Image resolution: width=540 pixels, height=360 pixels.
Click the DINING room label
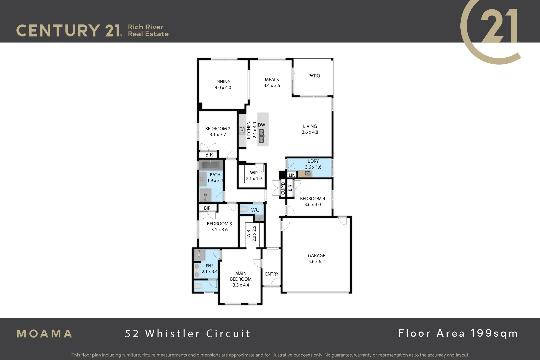(x=223, y=82)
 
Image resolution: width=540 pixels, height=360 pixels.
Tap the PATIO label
(x=314, y=76)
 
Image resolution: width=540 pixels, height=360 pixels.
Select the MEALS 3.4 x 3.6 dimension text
(x=272, y=86)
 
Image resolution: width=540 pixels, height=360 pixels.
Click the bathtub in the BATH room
(x=211, y=165)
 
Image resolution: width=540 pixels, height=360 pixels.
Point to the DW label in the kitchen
(x=261, y=125)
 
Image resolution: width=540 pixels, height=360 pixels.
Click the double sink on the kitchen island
(x=262, y=136)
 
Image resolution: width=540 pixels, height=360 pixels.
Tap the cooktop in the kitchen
(x=242, y=130)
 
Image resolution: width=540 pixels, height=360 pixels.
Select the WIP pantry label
(x=254, y=173)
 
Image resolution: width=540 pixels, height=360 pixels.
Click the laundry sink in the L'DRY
(x=308, y=173)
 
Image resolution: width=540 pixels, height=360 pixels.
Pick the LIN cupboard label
(x=292, y=175)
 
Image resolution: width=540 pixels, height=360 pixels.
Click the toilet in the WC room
(x=244, y=209)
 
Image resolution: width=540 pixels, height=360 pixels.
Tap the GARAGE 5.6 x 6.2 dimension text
(x=316, y=262)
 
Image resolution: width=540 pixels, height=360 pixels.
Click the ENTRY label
(x=272, y=274)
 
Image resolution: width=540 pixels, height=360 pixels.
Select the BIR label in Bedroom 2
(x=209, y=155)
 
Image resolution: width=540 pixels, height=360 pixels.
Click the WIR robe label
(x=248, y=233)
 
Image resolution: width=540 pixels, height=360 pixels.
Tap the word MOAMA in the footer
(x=44, y=334)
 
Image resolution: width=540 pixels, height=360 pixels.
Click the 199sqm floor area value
(x=494, y=333)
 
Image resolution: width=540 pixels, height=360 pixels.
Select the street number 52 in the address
(x=132, y=334)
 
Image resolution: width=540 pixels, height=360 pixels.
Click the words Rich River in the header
(x=146, y=27)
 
